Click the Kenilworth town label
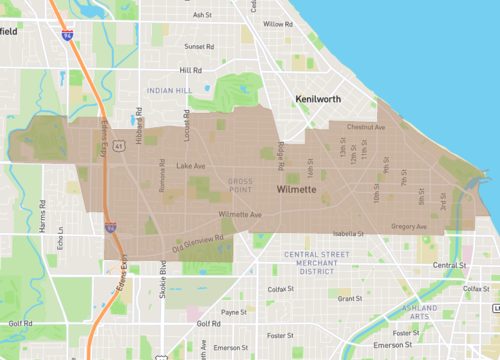323,100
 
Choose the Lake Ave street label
190,166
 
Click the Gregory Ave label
409,227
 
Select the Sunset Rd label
199,46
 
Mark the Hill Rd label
190,71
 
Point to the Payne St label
233,312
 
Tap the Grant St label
350,298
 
